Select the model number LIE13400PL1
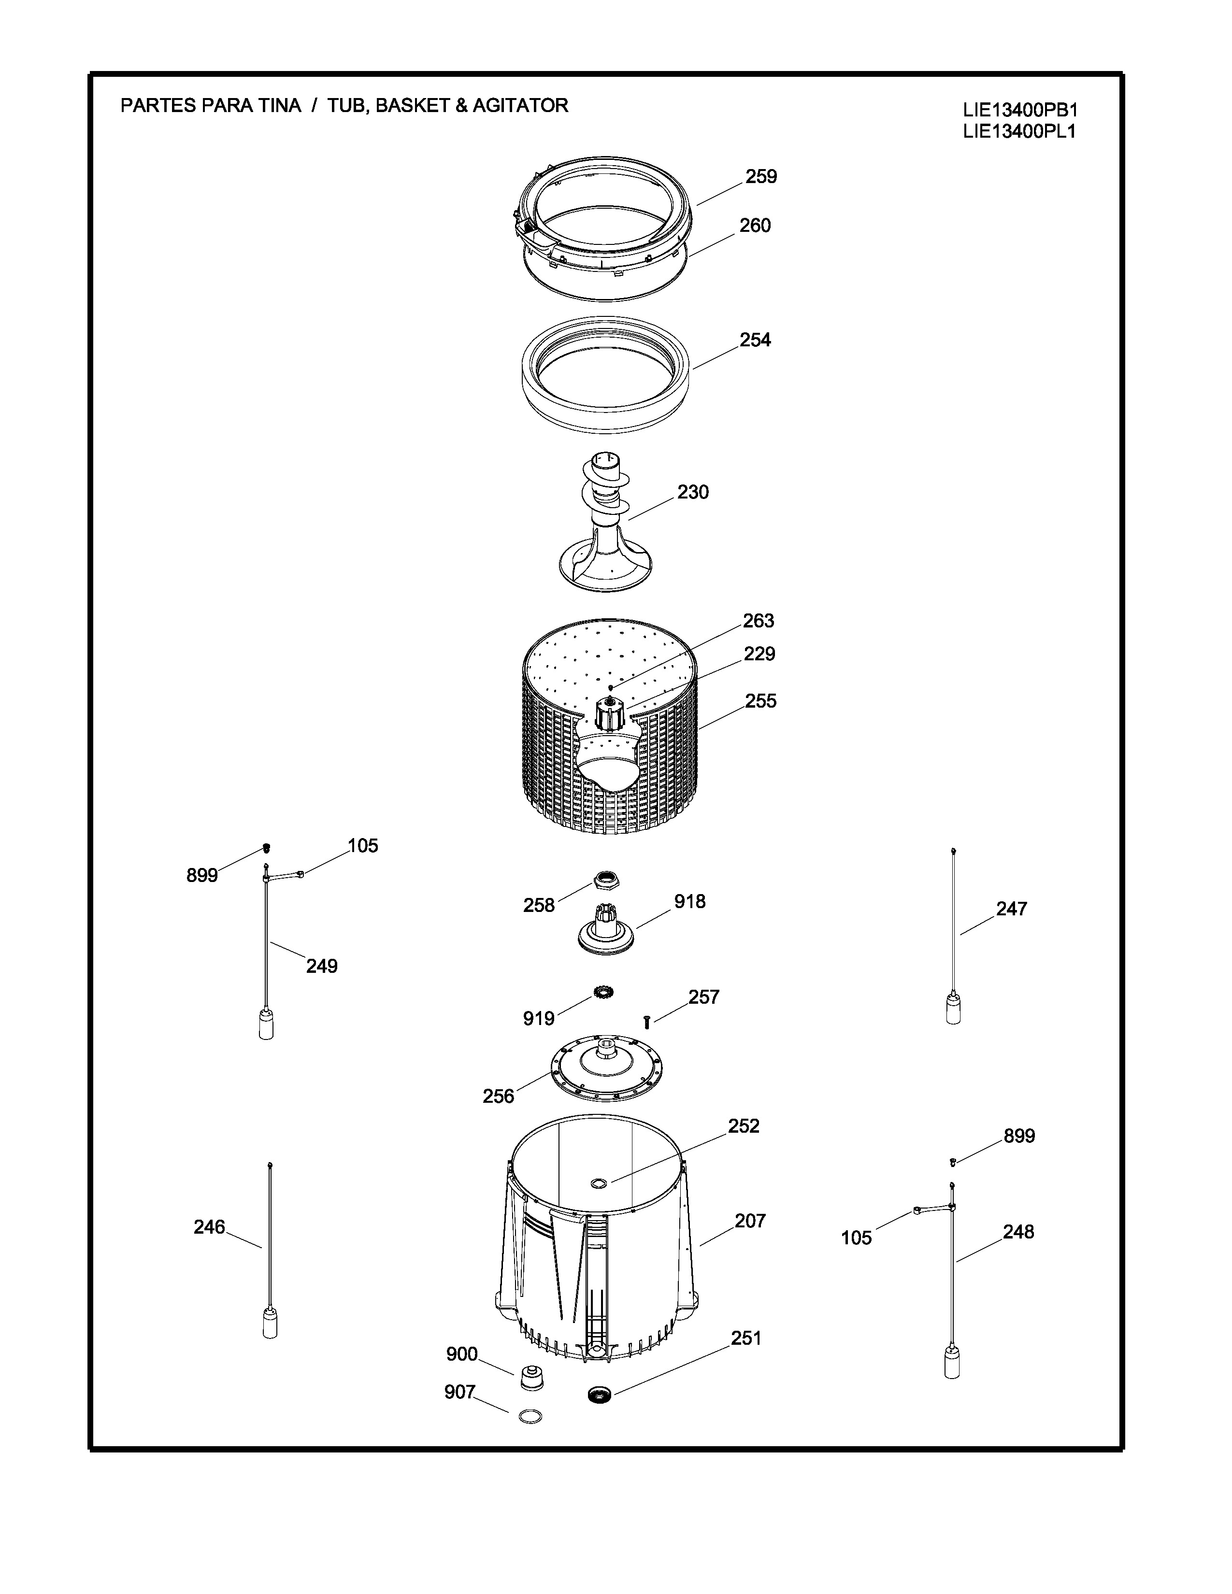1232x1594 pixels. tap(1019, 132)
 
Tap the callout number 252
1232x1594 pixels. tap(743, 1126)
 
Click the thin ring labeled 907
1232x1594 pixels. tap(530, 1417)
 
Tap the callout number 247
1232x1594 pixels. tap(1012, 910)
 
